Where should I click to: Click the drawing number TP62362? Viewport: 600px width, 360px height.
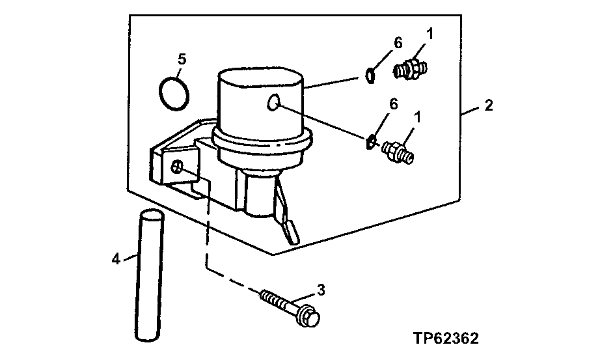446,339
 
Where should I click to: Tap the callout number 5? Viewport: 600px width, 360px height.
182,59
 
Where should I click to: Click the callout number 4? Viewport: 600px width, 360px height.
116,258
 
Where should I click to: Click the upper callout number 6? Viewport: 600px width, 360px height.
398,43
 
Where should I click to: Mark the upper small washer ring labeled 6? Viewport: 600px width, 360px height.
370,76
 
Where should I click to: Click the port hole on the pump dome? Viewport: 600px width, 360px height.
274,102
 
